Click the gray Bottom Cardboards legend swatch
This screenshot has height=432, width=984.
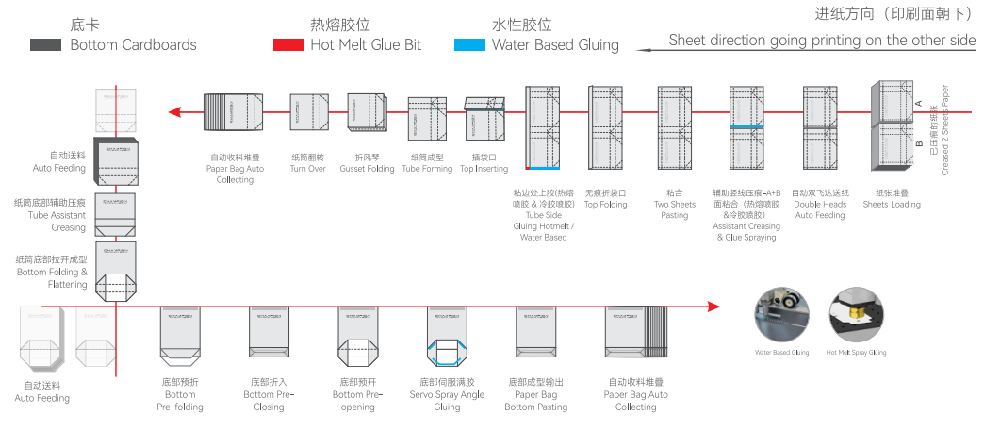(47, 45)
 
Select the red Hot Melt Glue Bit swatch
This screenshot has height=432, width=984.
(288, 44)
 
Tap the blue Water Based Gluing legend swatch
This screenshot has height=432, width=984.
(469, 44)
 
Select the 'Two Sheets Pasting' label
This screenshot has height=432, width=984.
(675, 209)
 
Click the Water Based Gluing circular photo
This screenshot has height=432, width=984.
(781, 314)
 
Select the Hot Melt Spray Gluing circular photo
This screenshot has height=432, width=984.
(856, 314)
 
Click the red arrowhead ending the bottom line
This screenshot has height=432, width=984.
(713, 306)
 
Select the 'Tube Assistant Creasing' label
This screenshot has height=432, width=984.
(50, 215)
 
